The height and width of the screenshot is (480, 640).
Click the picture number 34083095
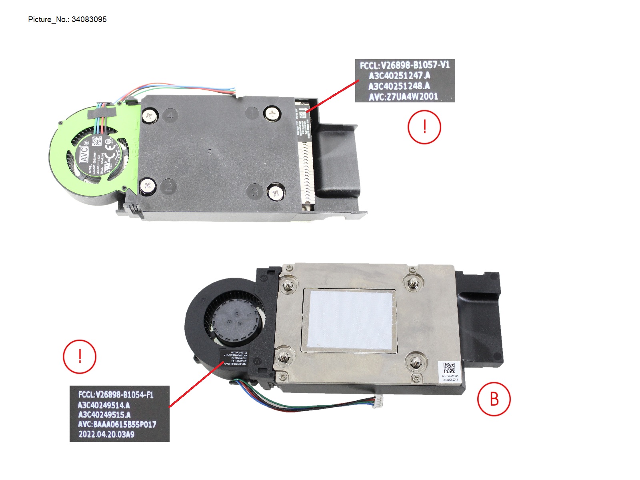point(89,19)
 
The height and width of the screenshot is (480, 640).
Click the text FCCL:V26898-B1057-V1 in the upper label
point(404,65)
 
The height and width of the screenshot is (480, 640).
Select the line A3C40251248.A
point(399,86)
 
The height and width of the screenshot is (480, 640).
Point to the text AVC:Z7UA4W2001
point(403,96)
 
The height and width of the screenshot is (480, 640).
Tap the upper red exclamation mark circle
point(424,127)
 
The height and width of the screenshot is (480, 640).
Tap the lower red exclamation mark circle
point(80,356)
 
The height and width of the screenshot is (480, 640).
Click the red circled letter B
point(494,399)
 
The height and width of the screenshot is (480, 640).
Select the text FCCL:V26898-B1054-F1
point(116,395)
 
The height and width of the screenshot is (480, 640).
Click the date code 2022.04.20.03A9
point(106,434)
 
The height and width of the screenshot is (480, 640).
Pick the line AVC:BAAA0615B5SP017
point(117,424)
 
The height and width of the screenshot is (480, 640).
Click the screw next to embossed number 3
point(275,193)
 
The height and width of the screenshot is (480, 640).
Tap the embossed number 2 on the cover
point(169,186)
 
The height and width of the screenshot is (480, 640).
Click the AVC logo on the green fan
point(84,154)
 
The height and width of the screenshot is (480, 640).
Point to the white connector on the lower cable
point(378,399)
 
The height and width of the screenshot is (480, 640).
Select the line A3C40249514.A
point(104,405)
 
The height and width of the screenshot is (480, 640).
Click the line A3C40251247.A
point(399,76)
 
